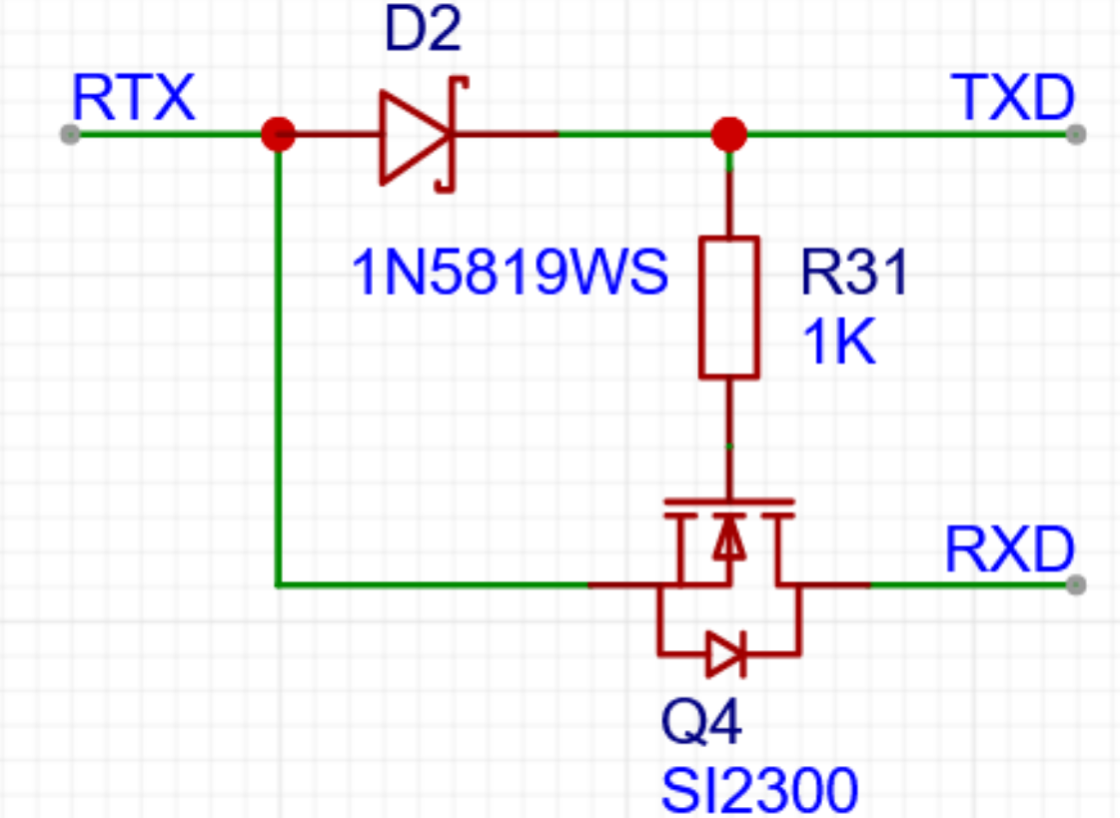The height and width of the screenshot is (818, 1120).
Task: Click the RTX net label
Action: [132, 98]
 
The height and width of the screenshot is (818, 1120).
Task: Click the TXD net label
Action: [1014, 98]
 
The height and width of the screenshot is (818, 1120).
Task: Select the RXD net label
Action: [1009, 549]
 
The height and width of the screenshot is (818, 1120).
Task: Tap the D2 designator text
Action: [423, 32]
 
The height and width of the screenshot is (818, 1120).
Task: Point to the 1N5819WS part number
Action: [510, 273]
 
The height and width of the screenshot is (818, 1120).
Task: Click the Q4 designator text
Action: [701, 723]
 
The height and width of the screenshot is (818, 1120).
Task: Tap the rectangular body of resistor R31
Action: [728, 307]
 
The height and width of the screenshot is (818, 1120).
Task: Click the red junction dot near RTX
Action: [277, 134]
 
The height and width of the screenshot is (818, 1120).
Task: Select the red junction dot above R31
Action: [728, 134]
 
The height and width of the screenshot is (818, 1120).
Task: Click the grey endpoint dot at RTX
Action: [69, 134]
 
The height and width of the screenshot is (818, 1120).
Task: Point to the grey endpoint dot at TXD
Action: [1075, 134]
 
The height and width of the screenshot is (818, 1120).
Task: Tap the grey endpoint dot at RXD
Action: [1075, 584]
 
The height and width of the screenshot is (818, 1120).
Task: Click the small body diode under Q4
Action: [725, 654]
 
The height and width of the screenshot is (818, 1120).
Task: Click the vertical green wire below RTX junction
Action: [277, 360]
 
